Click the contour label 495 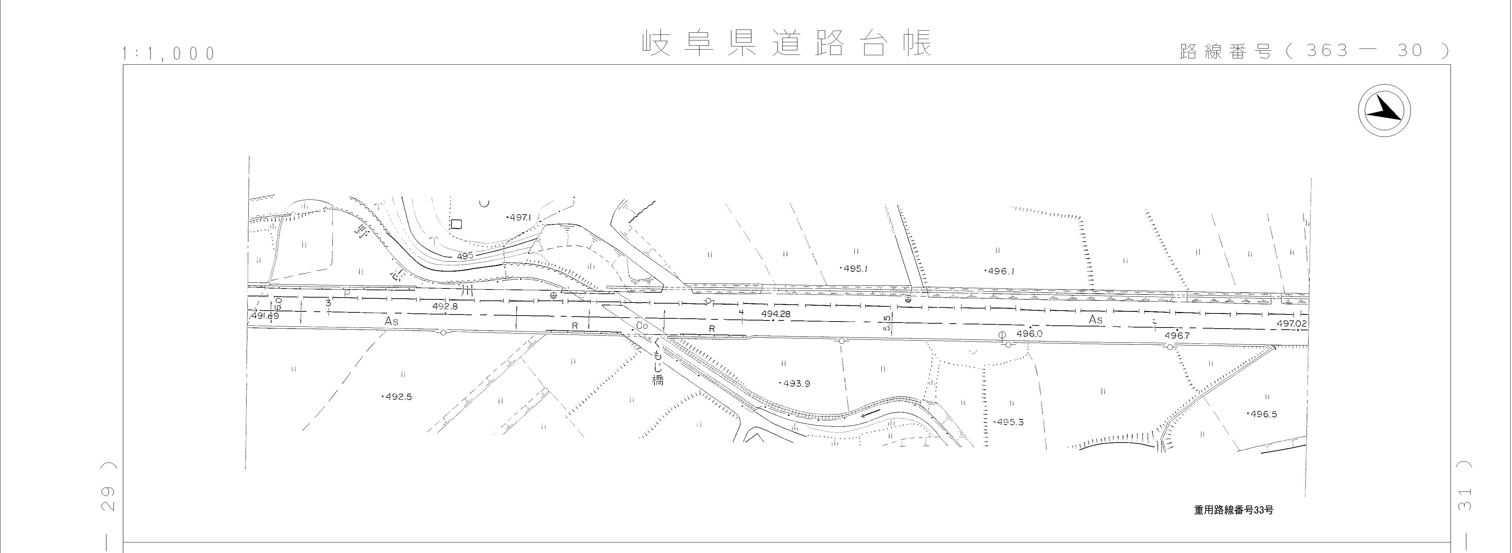465,256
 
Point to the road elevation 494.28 776,314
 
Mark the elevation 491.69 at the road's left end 265,316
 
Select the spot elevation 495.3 1009,422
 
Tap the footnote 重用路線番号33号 1233,510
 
